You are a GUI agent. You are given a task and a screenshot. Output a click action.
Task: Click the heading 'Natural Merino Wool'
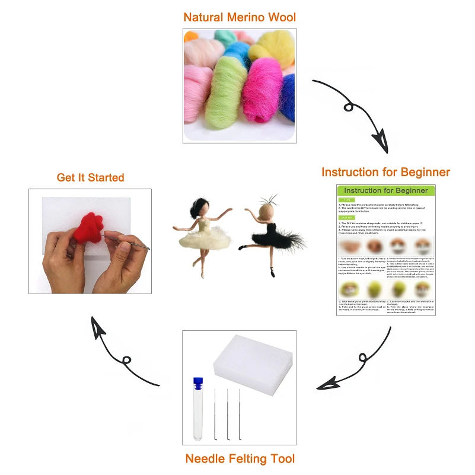coord(240,17)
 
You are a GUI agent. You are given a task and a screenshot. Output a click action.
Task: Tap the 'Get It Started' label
coord(90,177)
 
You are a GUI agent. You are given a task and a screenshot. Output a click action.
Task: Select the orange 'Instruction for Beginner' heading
coord(385,173)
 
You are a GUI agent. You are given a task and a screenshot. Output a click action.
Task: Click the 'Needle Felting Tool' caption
coord(240,458)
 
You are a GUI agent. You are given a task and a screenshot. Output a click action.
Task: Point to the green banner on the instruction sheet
coord(385,191)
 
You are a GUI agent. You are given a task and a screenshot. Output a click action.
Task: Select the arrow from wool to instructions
coord(353,113)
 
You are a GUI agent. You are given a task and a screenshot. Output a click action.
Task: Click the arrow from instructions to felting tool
coord(356,362)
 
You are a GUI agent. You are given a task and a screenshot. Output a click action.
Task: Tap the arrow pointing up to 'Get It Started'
coord(122,356)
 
